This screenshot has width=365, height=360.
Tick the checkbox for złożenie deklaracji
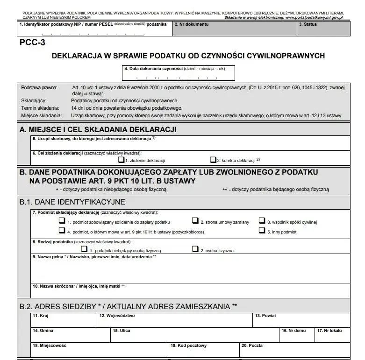121,160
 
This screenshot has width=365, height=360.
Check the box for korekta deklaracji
213,160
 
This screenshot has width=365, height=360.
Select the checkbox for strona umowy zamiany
195,221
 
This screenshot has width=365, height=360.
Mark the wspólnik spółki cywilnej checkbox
262,221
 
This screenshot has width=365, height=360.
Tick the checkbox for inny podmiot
262,230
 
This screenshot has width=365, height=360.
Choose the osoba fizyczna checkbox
195,249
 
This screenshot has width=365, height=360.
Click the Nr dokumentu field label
192,23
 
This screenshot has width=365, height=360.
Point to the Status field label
310,23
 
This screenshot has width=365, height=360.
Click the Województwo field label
117,316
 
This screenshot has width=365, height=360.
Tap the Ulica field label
122,330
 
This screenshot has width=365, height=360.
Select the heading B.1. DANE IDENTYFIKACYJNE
72,202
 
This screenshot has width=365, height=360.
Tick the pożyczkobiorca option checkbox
61,230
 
